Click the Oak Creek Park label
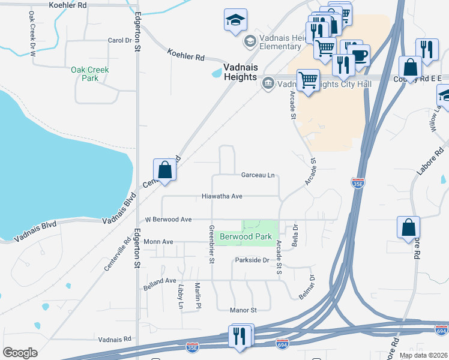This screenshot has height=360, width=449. [90, 74]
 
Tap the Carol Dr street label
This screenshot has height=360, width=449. [119, 41]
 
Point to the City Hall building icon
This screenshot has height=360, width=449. [268, 83]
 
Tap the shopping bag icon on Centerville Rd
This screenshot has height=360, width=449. [164, 170]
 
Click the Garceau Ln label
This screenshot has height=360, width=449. [258, 175]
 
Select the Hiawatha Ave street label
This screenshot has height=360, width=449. [221, 196]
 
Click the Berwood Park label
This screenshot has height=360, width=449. [246, 237]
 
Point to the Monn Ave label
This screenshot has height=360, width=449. [158, 242]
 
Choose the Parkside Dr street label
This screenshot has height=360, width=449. [252, 260]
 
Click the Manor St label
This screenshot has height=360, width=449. [243, 310]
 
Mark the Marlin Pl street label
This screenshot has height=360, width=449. [196, 296]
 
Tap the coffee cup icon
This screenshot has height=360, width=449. [360, 56]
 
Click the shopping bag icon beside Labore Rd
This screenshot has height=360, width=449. [408, 228]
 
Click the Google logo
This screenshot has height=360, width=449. [20, 352]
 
